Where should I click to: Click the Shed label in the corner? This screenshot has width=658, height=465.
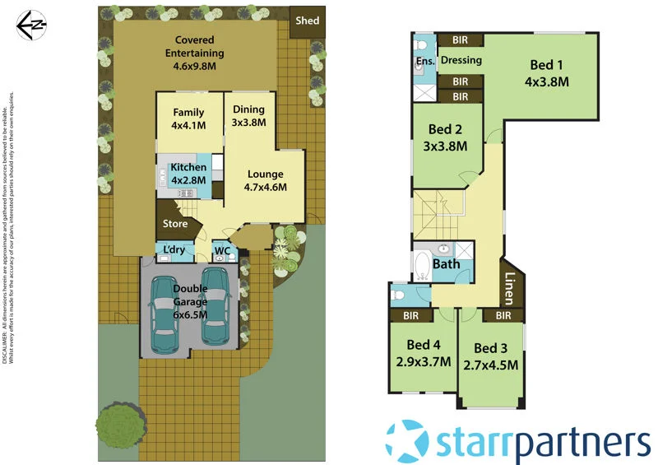pyautogui.click(x=307, y=21)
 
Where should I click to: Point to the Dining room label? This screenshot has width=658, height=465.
pyautogui.click(x=249, y=109)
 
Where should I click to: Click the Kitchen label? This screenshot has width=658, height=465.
pyautogui.click(x=188, y=168)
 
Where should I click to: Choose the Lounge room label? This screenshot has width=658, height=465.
pyautogui.click(x=265, y=174)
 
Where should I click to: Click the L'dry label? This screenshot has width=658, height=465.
pyautogui.click(x=174, y=250)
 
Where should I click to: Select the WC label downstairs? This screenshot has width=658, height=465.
pyautogui.click(x=221, y=251)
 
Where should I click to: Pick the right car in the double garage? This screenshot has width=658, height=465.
pyautogui.click(x=215, y=307)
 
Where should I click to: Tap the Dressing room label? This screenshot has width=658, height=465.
pyautogui.click(x=461, y=60)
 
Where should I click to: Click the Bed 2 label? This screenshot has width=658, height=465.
pyautogui.click(x=445, y=130)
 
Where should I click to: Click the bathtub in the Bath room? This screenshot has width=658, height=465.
pyautogui.click(x=422, y=267)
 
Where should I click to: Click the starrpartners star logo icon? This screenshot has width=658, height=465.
pyautogui.click(x=408, y=440)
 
